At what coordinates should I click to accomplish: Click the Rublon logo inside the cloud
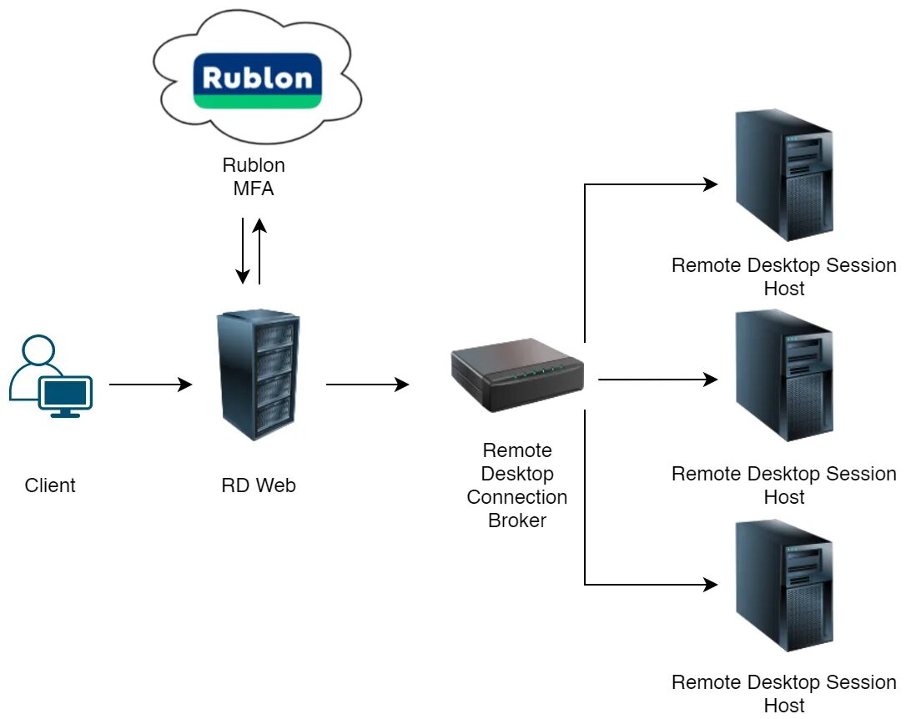[x=257, y=80]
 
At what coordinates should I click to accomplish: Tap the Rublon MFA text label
[x=254, y=177]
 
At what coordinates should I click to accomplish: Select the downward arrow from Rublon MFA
[x=243, y=250]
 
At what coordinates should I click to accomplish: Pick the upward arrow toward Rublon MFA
[x=260, y=251]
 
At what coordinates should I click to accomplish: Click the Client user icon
[x=50, y=377]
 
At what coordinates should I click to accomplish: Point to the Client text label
[x=50, y=485]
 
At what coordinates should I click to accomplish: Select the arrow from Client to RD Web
[x=150, y=385]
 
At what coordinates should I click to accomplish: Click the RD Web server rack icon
[x=258, y=376]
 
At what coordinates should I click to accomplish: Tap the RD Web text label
[x=258, y=485]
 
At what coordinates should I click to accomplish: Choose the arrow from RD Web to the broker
[x=367, y=385]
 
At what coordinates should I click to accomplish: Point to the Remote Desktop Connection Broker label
[x=517, y=485]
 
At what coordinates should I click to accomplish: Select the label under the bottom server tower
[x=783, y=694]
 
